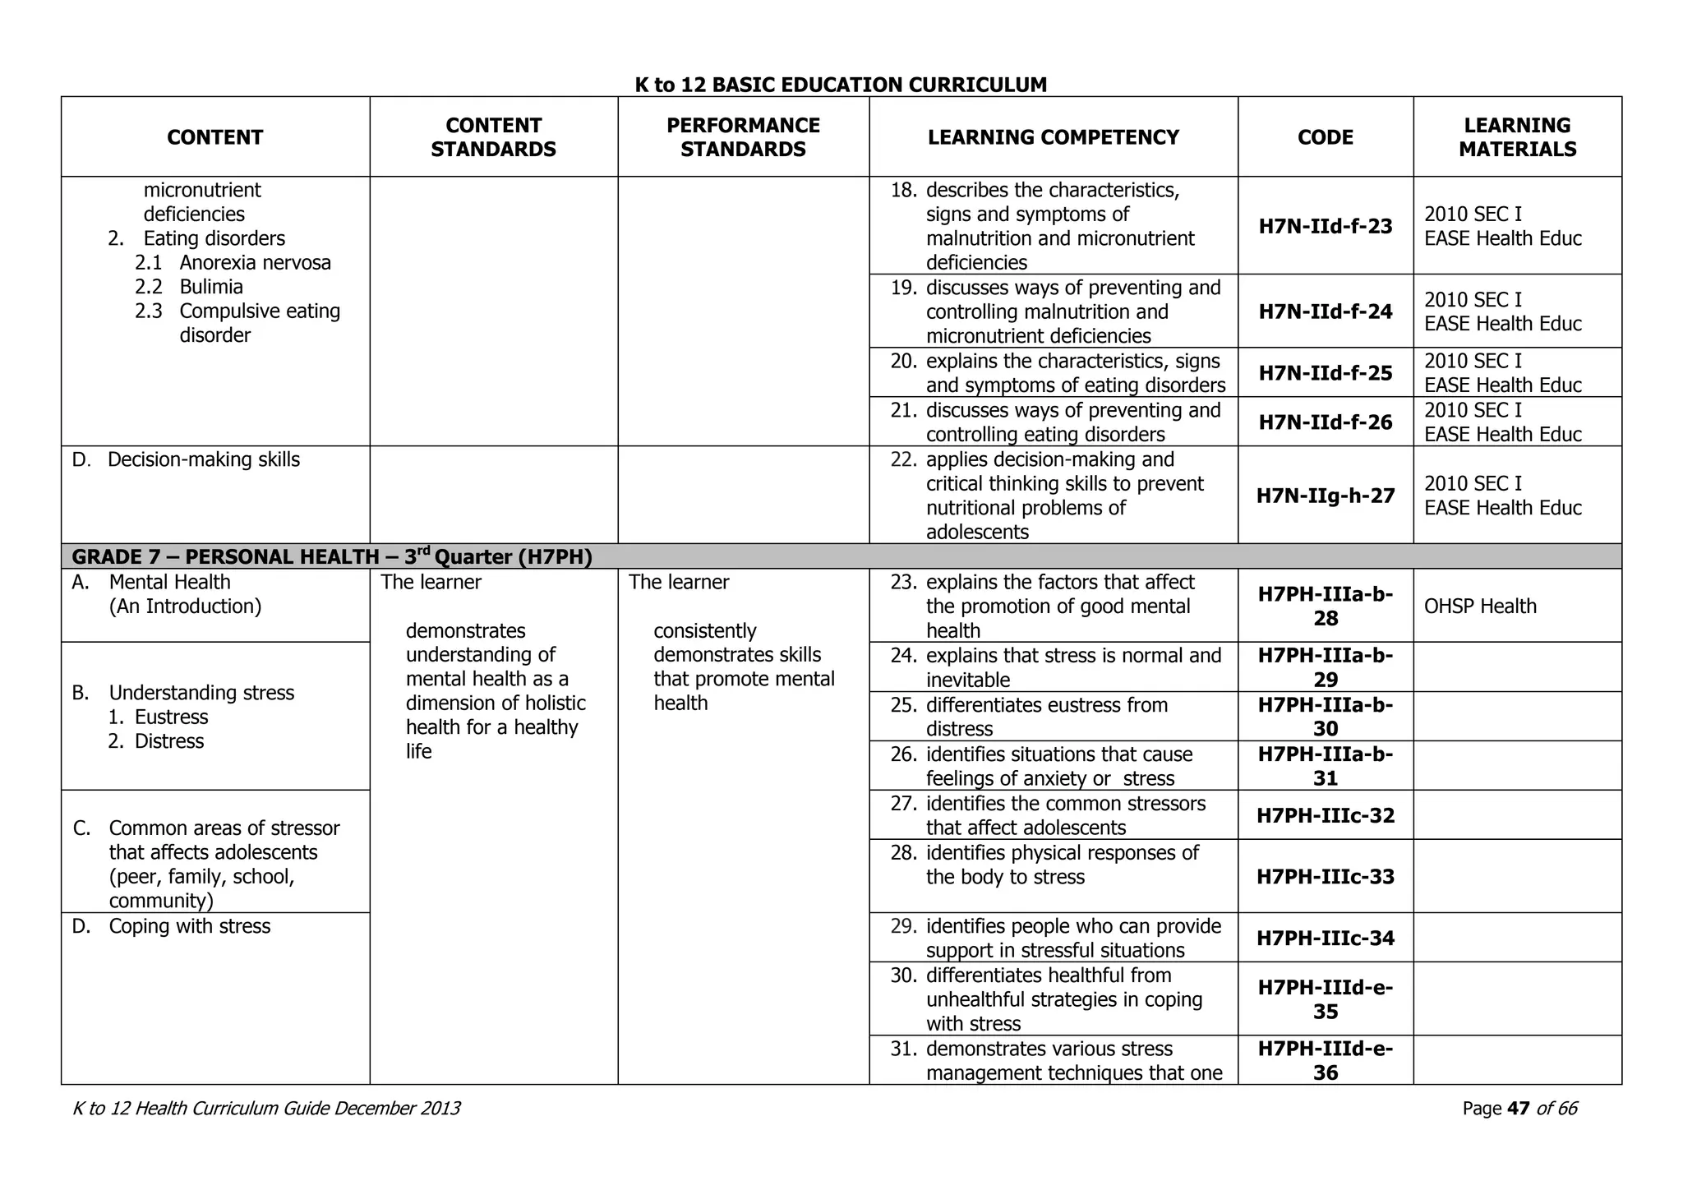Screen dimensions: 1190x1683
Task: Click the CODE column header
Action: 1325,137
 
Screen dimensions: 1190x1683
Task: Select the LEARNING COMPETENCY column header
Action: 1053,137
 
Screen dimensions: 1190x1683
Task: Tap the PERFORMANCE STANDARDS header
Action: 743,137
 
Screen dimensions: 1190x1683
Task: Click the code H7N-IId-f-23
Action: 1325,226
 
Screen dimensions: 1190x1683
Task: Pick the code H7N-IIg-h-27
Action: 1325,496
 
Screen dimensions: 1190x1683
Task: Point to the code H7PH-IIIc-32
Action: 1325,815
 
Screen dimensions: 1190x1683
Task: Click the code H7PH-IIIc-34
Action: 1325,938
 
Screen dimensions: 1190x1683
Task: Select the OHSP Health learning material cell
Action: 1479,607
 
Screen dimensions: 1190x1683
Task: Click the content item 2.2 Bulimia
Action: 210,287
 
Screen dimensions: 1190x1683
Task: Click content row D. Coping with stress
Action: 189,926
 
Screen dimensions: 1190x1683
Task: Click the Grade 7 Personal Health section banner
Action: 332,557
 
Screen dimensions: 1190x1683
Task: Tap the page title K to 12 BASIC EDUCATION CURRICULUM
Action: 841,85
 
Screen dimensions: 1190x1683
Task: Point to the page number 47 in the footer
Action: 1519,1109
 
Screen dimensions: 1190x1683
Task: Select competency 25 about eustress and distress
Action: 1046,717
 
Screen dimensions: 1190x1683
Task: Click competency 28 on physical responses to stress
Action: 1062,865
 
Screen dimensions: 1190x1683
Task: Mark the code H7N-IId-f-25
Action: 1325,373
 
